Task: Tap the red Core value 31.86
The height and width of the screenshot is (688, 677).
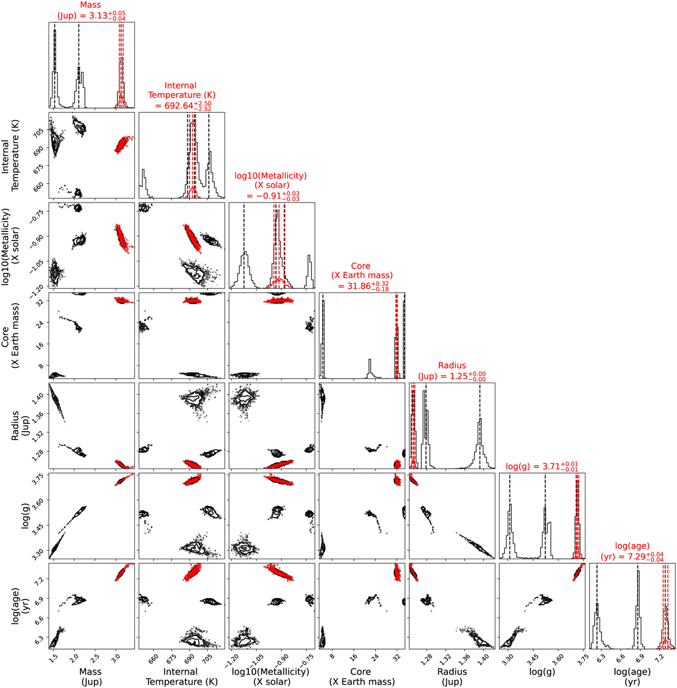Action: [x=359, y=286]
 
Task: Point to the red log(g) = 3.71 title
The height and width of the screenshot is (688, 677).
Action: [x=542, y=467]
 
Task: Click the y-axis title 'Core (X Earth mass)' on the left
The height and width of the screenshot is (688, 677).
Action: [x=10, y=336]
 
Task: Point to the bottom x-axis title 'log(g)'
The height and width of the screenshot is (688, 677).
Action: [x=542, y=672]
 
